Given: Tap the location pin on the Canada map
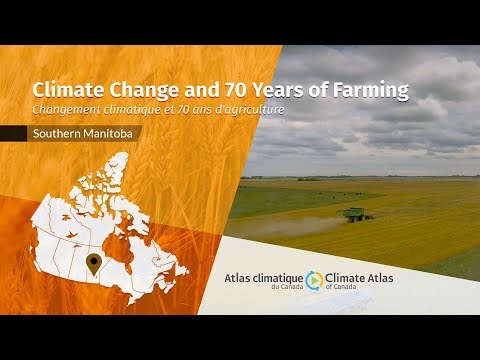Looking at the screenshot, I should tap(94, 264).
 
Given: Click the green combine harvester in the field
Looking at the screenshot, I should tap(356, 214).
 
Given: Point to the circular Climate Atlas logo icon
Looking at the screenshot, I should tap(314, 279).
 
